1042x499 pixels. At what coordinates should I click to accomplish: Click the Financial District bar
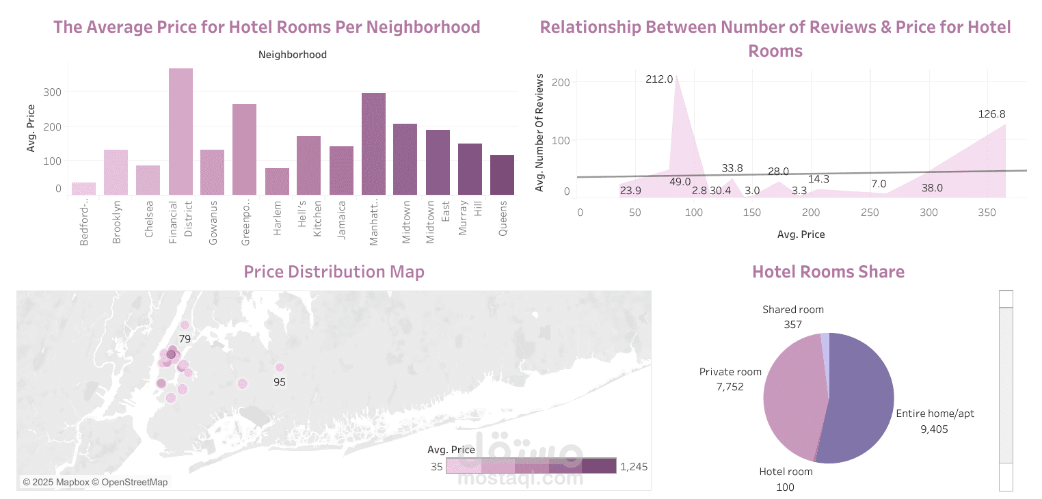pos(181,131)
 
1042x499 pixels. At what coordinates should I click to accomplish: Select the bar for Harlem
pos(277,181)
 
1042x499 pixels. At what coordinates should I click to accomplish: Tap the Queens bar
pos(502,175)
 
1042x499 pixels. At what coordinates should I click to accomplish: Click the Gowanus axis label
pos(213,222)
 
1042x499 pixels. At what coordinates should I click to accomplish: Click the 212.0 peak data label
pos(659,79)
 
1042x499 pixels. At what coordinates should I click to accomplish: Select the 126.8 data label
pos(991,114)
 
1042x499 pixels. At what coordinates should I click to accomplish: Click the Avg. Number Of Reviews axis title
pos(539,134)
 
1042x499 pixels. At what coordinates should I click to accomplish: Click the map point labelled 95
pos(280,368)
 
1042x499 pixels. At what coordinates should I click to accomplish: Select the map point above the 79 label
pos(185,325)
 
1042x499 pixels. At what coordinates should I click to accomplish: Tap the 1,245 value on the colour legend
pos(633,467)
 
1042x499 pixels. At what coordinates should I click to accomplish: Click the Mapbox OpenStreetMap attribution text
pos(95,482)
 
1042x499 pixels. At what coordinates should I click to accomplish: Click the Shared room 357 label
pos(793,316)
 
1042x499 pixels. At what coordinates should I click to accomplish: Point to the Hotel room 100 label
pos(786,478)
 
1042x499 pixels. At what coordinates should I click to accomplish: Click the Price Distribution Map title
pos(334,272)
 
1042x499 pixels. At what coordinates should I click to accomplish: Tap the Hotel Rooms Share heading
pos(828,272)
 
